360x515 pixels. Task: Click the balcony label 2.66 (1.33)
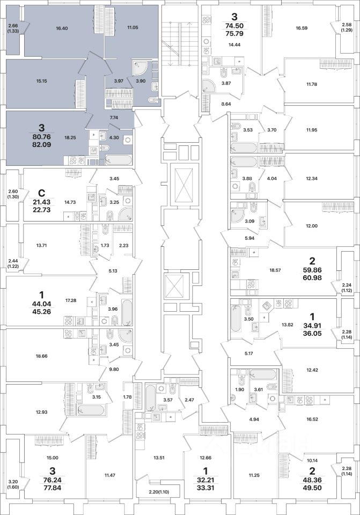click(13, 28)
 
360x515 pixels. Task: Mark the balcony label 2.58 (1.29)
click(347, 28)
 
